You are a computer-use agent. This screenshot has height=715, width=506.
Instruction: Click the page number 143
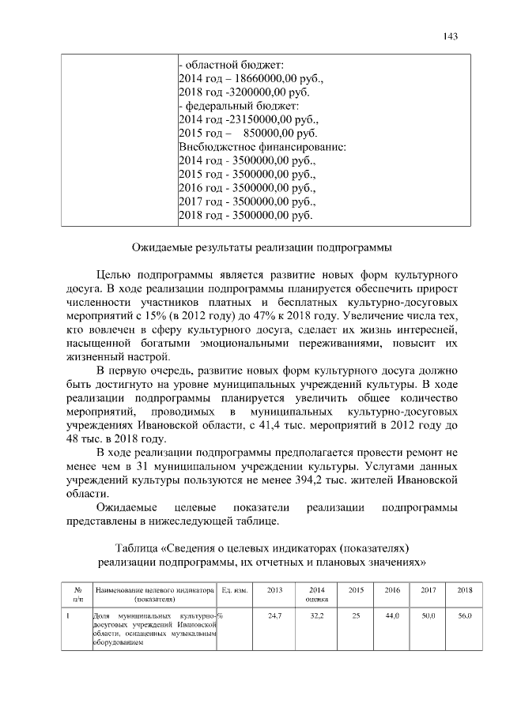tap(451, 36)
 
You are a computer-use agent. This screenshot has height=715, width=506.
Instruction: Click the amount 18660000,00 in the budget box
tap(261, 79)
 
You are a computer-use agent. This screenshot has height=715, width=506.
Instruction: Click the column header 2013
tap(274, 589)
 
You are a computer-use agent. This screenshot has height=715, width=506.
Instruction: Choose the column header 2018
tap(465, 589)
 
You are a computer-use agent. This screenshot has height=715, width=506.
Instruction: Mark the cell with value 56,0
tap(465, 615)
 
